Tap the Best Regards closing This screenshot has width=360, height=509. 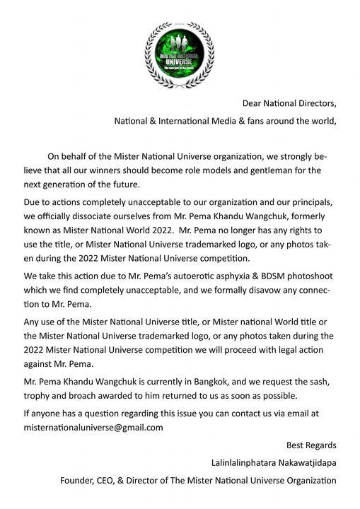coord(311,445)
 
